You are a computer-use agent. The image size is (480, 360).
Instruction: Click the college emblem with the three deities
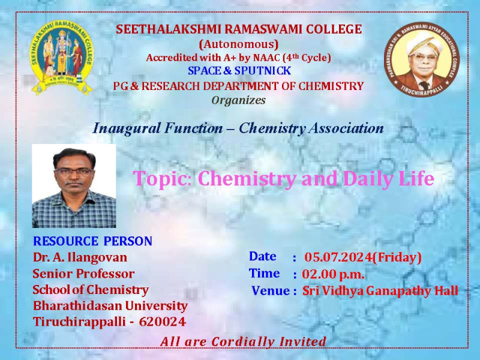[x=62, y=58]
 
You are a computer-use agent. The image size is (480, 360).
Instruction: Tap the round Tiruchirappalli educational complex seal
[x=422, y=59]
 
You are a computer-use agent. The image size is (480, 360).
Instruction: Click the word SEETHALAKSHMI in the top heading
[x=168, y=29]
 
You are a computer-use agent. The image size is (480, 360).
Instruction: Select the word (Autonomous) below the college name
[x=239, y=44]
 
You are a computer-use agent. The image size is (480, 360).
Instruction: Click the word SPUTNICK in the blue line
[x=263, y=71]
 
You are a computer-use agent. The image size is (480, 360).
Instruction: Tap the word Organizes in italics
[x=238, y=100]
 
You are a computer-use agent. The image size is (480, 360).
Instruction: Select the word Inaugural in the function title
[x=127, y=128]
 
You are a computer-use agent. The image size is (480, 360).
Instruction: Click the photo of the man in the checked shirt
[x=74, y=186]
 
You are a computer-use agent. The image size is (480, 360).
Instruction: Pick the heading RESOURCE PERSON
[x=92, y=241]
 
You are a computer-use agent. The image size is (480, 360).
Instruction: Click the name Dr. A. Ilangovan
[x=80, y=257]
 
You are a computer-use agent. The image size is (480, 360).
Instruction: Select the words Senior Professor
[x=83, y=274]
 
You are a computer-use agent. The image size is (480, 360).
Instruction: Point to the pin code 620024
[x=163, y=322]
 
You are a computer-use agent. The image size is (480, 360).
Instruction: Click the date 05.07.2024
[x=338, y=257]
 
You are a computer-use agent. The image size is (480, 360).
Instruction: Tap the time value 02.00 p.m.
[x=333, y=274]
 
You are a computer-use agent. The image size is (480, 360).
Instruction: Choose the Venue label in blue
[x=271, y=291]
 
